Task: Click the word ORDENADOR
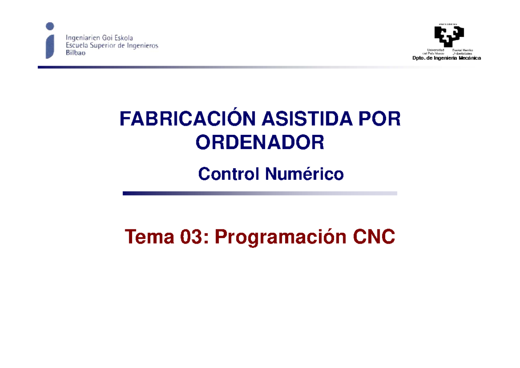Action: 260,143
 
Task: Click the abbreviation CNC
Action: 374,237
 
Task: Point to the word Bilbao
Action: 76,53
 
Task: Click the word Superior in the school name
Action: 102,46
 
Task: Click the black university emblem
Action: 449,36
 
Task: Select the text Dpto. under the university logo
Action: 419,58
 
